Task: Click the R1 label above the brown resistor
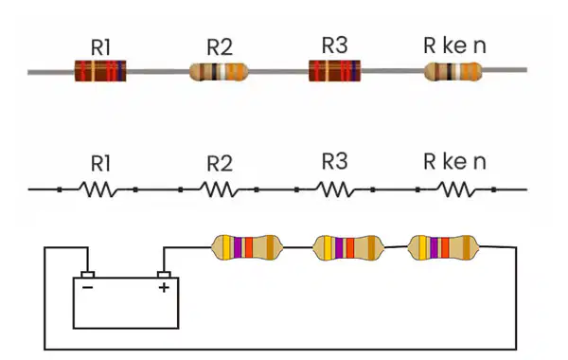[100, 47]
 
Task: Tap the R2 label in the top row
[220, 47]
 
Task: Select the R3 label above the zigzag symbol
[335, 161]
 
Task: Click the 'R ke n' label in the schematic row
[454, 161]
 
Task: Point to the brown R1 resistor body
[100, 71]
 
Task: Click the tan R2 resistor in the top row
[219, 71]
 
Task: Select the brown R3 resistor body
[334, 71]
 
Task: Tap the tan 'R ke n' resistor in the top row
[453, 71]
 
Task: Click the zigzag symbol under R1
[98, 189]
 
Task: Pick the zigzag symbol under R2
[219, 189]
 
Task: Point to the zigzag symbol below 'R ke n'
[456, 189]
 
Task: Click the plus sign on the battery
[164, 287]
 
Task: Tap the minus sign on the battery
[88, 287]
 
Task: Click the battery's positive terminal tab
[164, 275]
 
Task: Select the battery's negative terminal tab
[88, 275]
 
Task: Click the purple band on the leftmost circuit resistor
[238, 247]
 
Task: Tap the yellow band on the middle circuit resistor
[328, 247]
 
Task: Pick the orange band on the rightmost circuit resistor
[445, 247]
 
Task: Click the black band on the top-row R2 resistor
[215, 71]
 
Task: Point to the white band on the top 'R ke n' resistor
[458, 71]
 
